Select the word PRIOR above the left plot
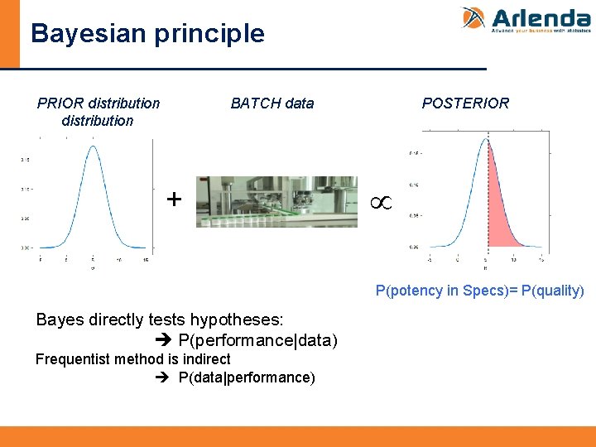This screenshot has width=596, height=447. (x=60, y=103)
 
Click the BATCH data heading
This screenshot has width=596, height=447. (x=272, y=103)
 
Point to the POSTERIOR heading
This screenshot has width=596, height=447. (x=465, y=103)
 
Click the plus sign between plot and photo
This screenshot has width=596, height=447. (x=174, y=199)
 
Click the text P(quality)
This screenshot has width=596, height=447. (x=552, y=291)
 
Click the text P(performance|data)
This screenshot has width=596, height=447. (x=257, y=341)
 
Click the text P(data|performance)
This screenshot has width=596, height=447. (x=247, y=378)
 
